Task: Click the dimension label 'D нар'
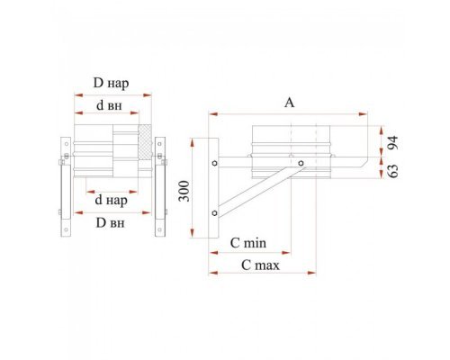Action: [111, 83]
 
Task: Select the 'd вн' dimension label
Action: [109, 105]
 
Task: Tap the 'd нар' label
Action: [111, 200]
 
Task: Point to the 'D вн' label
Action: [110, 223]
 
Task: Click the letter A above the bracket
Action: [289, 103]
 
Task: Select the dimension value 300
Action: [184, 191]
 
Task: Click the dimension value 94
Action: [392, 143]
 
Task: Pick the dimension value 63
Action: [392, 171]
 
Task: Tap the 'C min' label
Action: [248, 243]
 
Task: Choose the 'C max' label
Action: [260, 265]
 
